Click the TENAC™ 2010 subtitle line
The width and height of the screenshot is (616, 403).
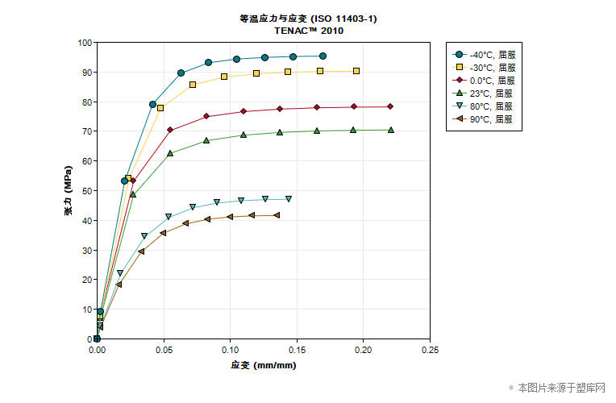tap(309, 31)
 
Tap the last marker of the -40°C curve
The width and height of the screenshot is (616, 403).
tap(323, 56)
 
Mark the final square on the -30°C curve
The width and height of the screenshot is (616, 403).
tap(356, 71)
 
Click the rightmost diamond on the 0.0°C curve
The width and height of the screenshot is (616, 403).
tap(389, 106)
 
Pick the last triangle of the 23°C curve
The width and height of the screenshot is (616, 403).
tap(391, 130)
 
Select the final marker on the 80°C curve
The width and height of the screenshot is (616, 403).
tap(289, 199)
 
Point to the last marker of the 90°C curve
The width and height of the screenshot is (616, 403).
tap(277, 215)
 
